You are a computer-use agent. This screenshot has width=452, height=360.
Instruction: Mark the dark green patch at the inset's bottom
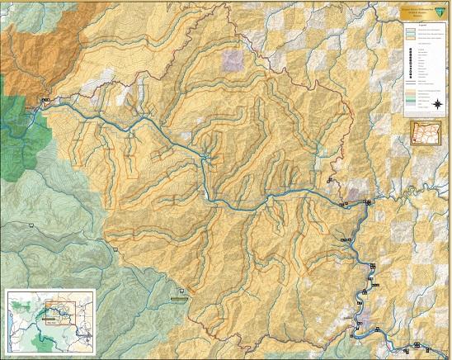click(37, 339)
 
